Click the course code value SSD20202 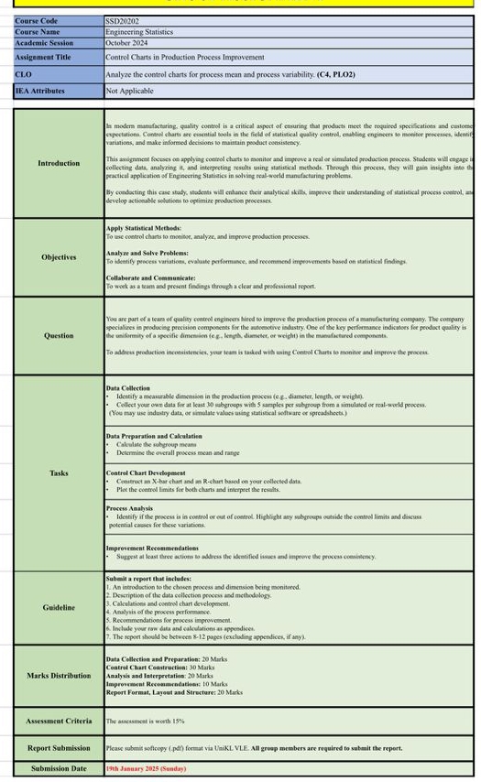coord(122,20)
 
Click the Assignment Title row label coord(43,57)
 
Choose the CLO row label coord(23,74)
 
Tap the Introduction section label coord(59,163)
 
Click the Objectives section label coord(59,257)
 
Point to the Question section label coord(59,335)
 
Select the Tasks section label coord(59,472)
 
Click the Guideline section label coord(59,607)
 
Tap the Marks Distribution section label coord(59,676)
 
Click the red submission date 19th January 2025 coord(145,768)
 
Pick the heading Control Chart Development coord(146,472)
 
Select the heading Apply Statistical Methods coord(144,228)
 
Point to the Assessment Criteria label coord(59,721)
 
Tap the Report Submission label coord(59,747)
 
